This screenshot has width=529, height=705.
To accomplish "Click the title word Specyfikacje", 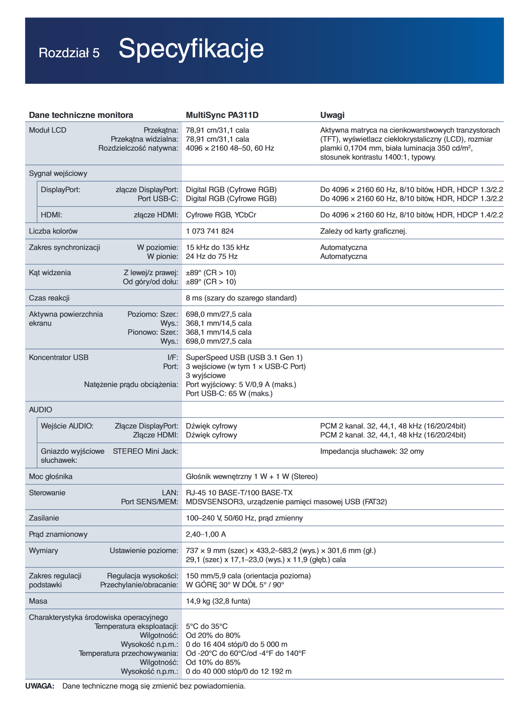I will click(191, 48).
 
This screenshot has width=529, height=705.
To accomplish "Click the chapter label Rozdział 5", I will click(69, 53).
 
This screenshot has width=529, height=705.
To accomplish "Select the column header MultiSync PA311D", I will click(222, 115).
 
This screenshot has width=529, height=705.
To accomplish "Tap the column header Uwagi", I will click(332, 115).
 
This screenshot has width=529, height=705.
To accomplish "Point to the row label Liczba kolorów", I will click(53, 231).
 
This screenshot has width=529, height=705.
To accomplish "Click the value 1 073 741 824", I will click(210, 231).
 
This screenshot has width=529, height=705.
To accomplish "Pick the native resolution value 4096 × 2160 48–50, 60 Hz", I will click(230, 148).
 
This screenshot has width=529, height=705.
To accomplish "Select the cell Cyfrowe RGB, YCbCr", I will click(221, 215).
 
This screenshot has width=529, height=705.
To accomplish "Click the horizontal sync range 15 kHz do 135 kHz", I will click(217, 247).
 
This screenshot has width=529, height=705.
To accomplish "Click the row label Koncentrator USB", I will click(59, 357).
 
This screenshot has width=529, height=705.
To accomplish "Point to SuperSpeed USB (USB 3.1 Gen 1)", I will click(244, 357).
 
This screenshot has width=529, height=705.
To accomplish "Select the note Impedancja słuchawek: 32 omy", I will click(372, 451).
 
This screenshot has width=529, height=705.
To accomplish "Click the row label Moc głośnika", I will click(51, 477).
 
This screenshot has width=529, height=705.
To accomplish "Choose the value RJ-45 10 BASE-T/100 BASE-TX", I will click(239, 493).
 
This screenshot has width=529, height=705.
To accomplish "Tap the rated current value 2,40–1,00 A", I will click(206, 534).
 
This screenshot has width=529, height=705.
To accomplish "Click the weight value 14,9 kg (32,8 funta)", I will click(218, 601).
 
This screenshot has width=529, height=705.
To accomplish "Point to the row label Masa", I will click(38, 601).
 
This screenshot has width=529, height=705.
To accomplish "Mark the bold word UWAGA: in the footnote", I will click(40, 686).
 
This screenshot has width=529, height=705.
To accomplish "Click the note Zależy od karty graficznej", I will click(363, 231).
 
